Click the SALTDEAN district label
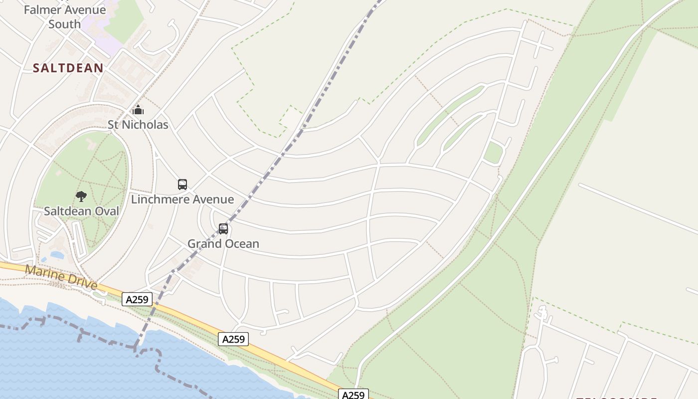click(68, 68)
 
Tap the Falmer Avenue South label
click(64, 16)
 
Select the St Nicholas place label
click(138, 125)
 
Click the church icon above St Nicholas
click(138, 110)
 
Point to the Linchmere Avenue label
click(182, 199)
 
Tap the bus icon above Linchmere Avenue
click(182, 185)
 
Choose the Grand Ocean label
click(223, 244)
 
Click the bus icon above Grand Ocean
click(223, 229)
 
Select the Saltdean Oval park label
click(81, 211)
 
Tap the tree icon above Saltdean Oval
click(81, 197)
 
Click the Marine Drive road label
click(61, 277)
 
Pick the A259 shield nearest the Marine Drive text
click(137, 299)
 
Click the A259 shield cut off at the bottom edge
click(353, 395)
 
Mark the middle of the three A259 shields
click(233, 339)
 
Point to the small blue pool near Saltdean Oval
click(57, 255)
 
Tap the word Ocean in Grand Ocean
click(241, 244)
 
